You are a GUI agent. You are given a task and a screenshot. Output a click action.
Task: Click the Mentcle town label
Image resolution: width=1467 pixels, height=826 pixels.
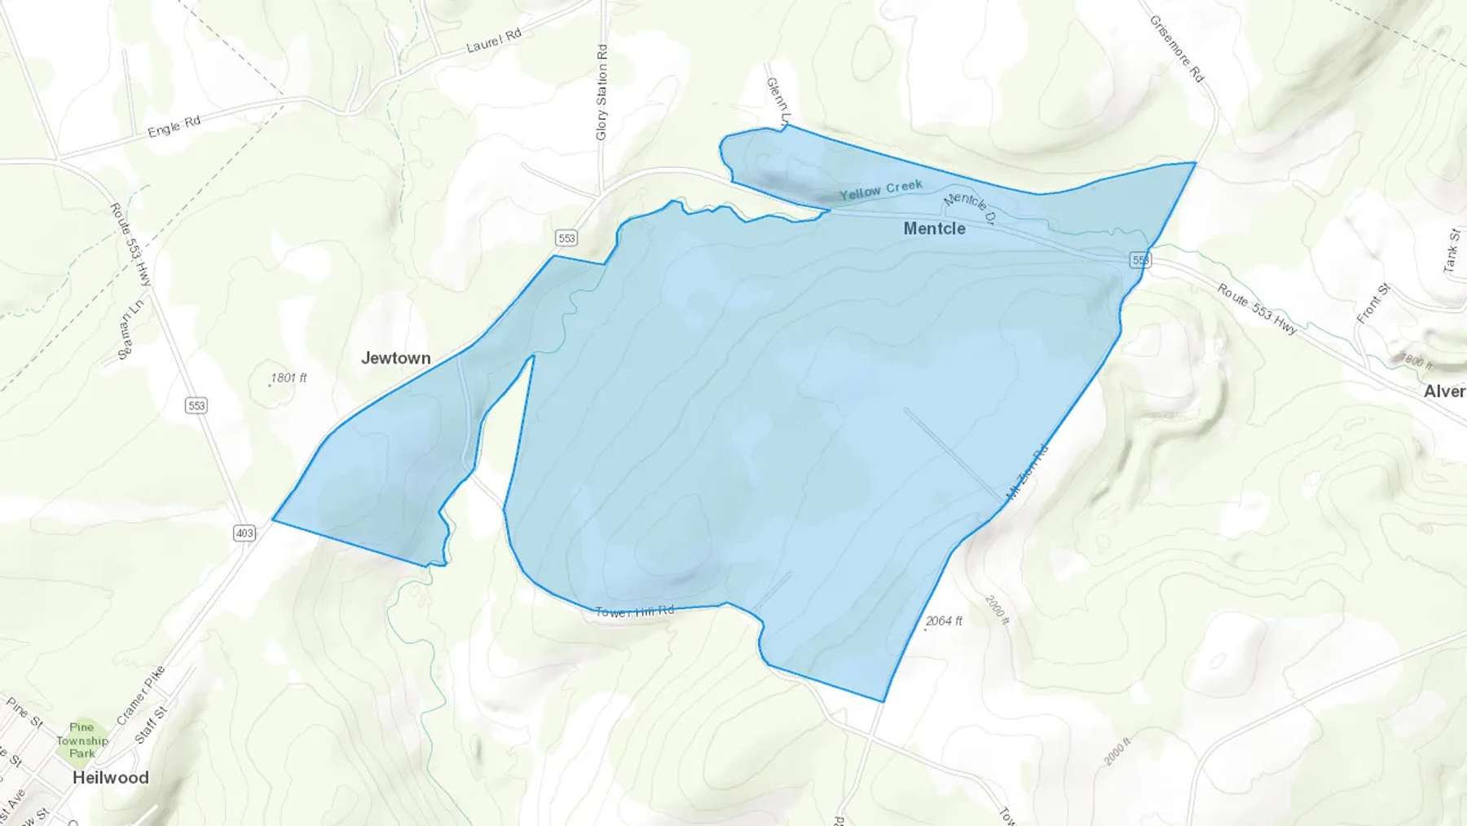[x=934, y=229]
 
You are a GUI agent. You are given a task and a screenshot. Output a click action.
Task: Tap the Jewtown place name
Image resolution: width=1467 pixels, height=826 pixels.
[x=395, y=358]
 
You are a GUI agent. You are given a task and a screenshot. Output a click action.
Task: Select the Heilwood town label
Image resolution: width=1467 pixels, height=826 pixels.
[x=111, y=778]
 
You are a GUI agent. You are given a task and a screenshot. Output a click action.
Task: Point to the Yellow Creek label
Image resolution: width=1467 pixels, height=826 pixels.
[x=881, y=190]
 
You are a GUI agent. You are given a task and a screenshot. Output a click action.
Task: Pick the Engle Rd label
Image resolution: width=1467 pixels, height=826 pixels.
[x=174, y=126]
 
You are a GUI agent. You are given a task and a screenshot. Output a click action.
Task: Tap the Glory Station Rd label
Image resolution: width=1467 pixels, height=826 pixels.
[x=601, y=92]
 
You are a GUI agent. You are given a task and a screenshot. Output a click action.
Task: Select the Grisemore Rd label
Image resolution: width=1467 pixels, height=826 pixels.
[x=1176, y=48]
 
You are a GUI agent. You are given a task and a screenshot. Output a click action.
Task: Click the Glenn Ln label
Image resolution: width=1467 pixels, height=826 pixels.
[x=778, y=102]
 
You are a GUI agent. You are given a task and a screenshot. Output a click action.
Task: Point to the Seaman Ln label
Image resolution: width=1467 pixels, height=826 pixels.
[x=130, y=329]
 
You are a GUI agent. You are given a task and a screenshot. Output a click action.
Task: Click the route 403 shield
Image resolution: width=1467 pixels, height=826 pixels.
[x=244, y=533]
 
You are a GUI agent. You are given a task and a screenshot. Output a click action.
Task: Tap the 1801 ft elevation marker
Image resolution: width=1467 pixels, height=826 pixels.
[x=289, y=378]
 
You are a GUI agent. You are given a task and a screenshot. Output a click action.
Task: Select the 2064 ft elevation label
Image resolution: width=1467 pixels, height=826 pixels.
[x=944, y=621]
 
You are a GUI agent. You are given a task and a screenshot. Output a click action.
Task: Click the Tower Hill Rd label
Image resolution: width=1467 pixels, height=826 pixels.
[x=635, y=612]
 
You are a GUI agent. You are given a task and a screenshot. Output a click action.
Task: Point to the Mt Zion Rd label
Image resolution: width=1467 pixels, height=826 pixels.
[x=1027, y=471]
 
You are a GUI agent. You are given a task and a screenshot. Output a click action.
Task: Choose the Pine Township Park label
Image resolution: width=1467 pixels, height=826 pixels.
[x=81, y=740]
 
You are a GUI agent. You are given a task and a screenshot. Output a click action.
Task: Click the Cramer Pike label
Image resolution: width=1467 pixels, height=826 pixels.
[x=141, y=696]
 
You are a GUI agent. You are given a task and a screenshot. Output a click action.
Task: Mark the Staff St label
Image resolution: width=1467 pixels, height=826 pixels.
[x=151, y=725]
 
